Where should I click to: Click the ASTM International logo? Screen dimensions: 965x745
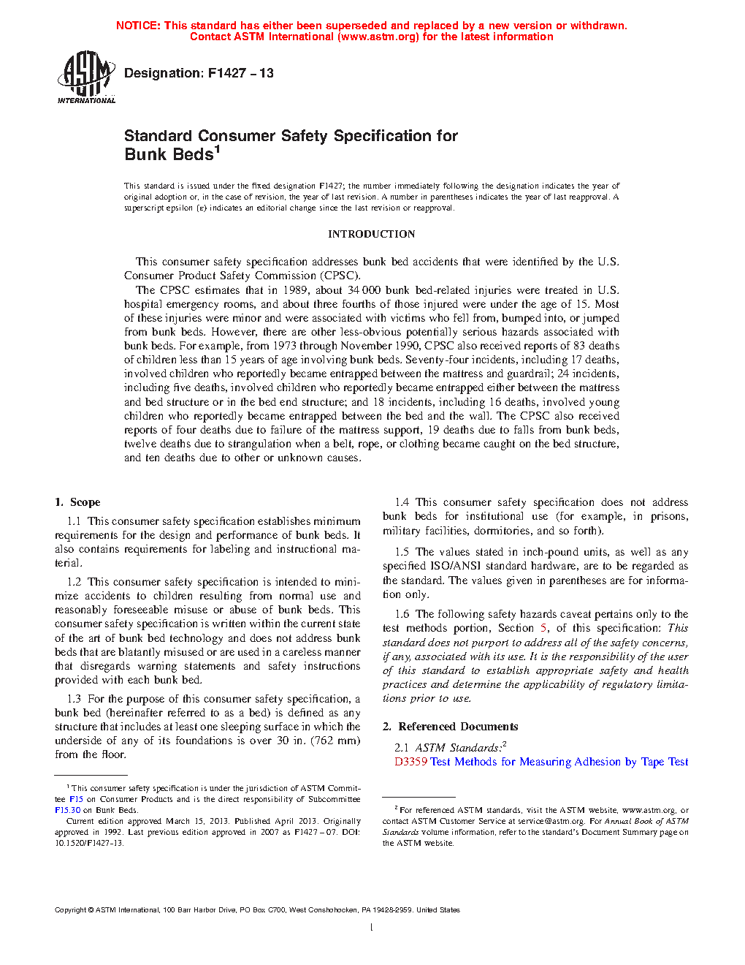[86, 77]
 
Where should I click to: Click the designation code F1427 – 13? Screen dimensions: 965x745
[240, 73]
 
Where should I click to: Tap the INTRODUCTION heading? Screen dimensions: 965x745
[371, 234]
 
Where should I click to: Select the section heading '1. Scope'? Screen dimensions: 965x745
[77, 502]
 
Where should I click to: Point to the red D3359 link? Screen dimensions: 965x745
[410, 762]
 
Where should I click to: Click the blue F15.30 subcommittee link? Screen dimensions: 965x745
[67, 810]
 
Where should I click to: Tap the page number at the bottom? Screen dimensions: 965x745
[372, 928]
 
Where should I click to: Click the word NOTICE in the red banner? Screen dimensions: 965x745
[138, 26]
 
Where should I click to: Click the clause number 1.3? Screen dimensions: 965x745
[74, 699]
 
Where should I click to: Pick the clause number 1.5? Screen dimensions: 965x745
[402, 552]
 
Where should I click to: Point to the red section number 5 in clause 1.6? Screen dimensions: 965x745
[543, 628]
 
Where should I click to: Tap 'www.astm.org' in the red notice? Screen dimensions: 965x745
[378, 37]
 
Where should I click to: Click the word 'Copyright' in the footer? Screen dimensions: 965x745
[70, 910]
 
